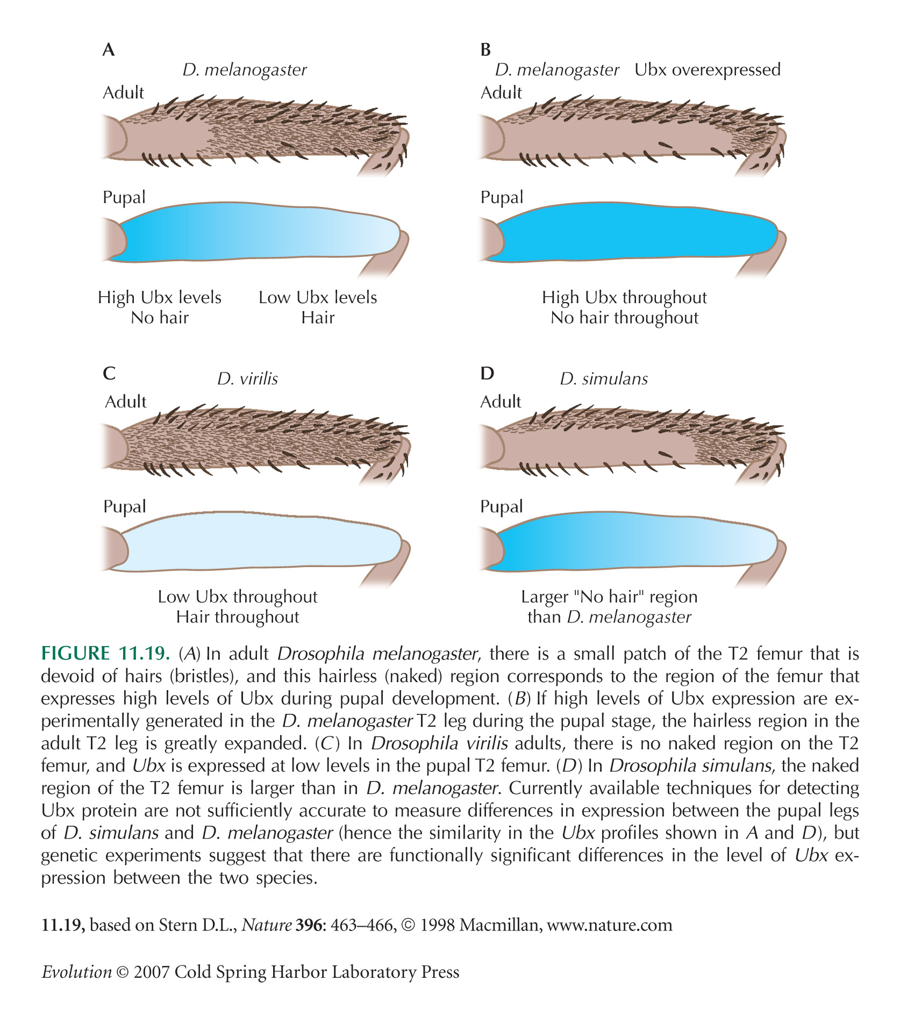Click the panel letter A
tap(109, 50)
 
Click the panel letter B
tap(485, 50)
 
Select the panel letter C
tap(109, 373)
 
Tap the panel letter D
tap(487, 373)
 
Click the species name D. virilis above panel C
tap(247, 379)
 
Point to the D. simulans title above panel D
tap(604, 379)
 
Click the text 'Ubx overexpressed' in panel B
tap(708, 70)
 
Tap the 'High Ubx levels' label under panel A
tap(160, 297)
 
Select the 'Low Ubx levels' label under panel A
tap(318, 297)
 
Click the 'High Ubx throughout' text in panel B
tap(624, 297)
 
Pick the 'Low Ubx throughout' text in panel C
tap(238, 597)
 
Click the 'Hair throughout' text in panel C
tap(238, 617)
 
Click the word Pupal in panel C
tap(124, 507)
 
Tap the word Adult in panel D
tap(501, 402)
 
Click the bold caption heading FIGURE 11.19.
tap(105, 654)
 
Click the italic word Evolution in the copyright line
tap(77, 972)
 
